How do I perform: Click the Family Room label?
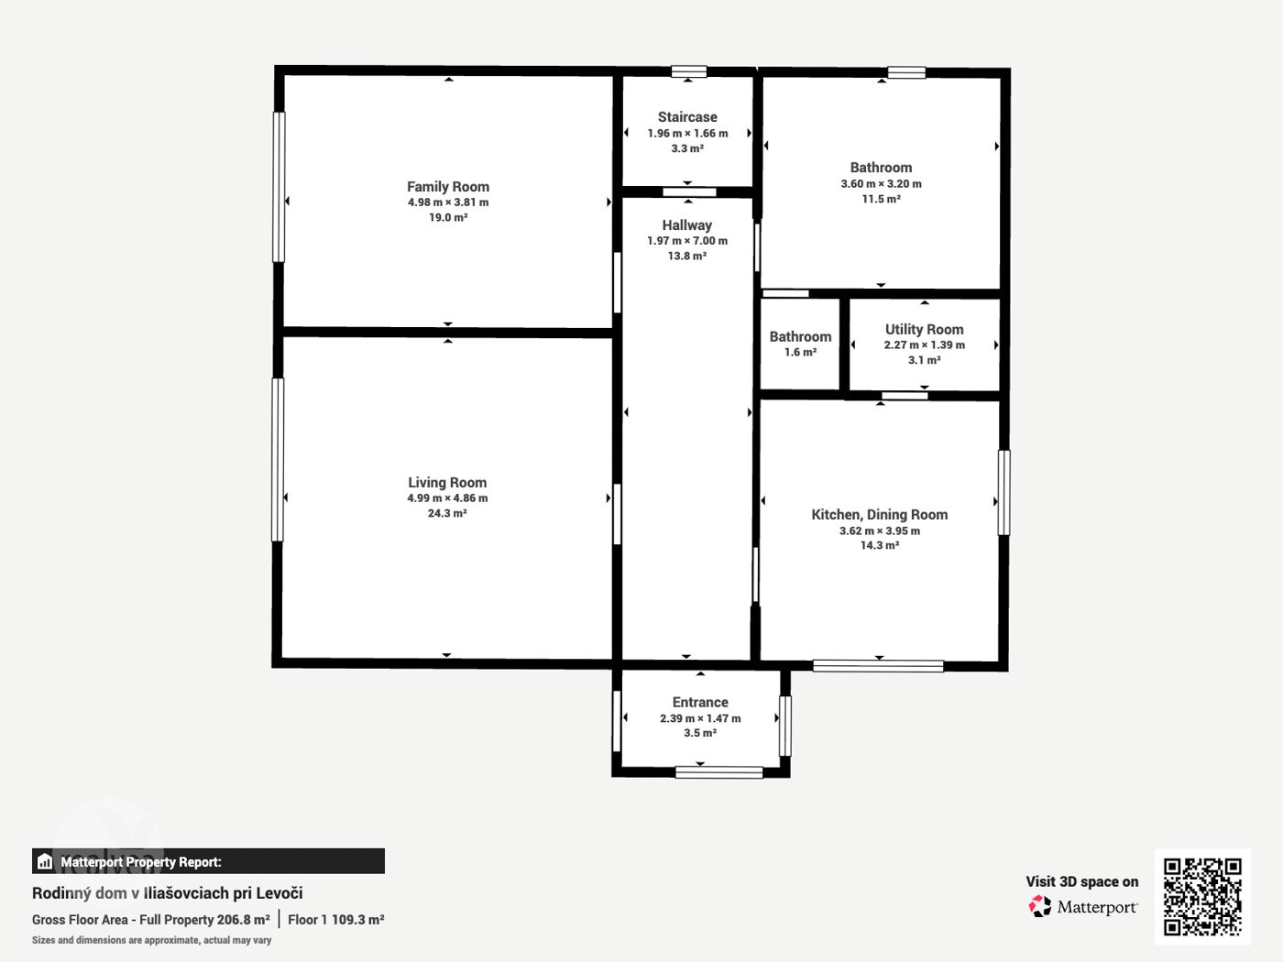[448, 187]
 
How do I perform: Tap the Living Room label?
[447, 483]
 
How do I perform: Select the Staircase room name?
[687, 117]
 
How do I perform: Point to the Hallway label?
[686, 224]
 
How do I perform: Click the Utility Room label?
[924, 330]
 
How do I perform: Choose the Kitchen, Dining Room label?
[880, 515]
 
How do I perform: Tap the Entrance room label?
[700, 702]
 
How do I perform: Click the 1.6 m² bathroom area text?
[800, 352]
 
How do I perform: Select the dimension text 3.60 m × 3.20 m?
[881, 184]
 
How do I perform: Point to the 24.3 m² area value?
[447, 513]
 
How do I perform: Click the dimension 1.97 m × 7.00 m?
[686, 241]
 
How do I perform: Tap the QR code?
[1202, 897]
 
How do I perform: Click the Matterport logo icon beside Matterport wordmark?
[1040, 906]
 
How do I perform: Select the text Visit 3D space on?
[1082, 882]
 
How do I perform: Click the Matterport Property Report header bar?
[208, 861]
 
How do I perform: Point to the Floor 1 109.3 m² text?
[335, 920]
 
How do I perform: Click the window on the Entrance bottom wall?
[719, 772]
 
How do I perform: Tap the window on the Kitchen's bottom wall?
[878, 666]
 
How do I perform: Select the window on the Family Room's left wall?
[279, 187]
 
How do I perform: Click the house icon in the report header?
[45, 861]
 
